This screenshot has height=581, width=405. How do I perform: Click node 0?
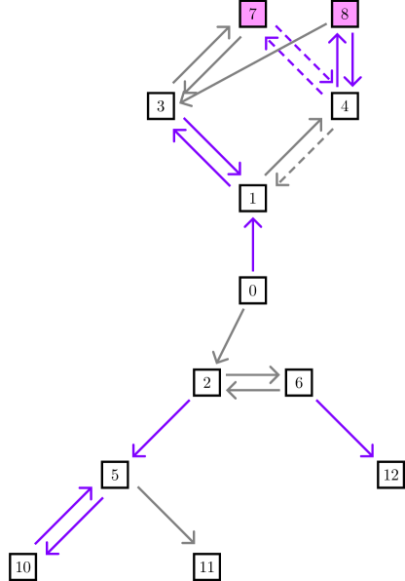[x=252, y=290]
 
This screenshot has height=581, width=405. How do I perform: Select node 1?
[x=252, y=198]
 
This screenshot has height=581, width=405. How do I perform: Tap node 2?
[x=206, y=382]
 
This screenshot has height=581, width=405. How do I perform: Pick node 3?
[x=161, y=105]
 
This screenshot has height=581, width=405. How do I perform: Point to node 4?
[x=345, y=105]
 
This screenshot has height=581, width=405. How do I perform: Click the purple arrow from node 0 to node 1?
[x=252, y=245]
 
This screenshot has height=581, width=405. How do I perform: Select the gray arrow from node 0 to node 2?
[x=230, y=336]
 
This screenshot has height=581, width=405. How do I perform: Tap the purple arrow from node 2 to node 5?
[x=161, y=428]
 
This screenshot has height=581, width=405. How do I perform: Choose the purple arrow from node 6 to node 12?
[x=344, y=427]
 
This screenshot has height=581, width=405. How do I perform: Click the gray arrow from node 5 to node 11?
[x=166, y=515]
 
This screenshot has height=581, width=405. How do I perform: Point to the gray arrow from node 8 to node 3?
[x=253, y=60]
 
